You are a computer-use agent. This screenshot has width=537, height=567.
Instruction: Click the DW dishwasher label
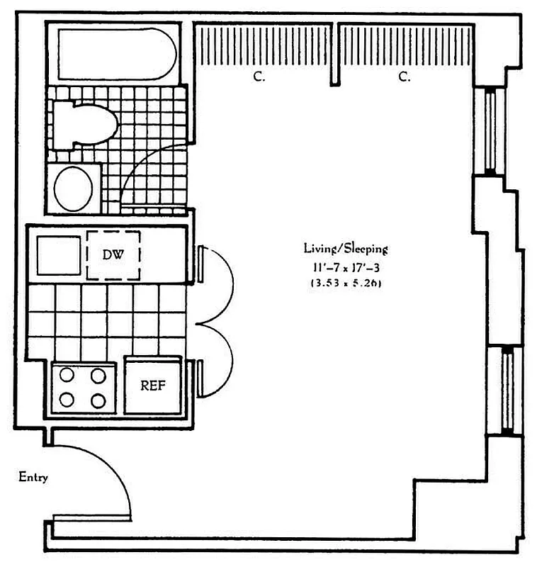point(113,254)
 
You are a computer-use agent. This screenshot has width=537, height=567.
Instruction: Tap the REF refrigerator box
point(152,386)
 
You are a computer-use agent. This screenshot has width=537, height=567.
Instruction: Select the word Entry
point(33,478)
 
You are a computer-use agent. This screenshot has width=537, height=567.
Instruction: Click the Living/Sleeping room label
point(346,249)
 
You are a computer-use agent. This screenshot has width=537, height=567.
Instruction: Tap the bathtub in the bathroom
point(116,53)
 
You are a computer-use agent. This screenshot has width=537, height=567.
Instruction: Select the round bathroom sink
point(74,188)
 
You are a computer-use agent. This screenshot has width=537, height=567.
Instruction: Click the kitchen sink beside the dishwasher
point(58,255)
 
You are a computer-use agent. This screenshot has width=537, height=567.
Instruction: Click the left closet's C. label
point(259,77)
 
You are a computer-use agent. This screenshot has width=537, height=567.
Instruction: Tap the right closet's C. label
point(405,77)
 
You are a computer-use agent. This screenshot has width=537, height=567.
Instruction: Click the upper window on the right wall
point(490,130)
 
